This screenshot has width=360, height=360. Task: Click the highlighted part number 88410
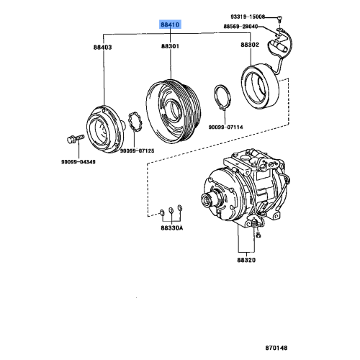[x=170, y=24]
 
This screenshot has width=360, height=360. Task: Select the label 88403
[x=102, y=48]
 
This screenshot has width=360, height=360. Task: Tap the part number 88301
[x=170, y=48]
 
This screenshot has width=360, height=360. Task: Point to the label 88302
[x=250, y=44]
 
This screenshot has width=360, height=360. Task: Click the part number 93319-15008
[x=248, y=17]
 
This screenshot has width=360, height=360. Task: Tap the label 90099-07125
[x=138, y=150]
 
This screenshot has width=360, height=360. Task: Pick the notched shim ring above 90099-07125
[x=132, y=122]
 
